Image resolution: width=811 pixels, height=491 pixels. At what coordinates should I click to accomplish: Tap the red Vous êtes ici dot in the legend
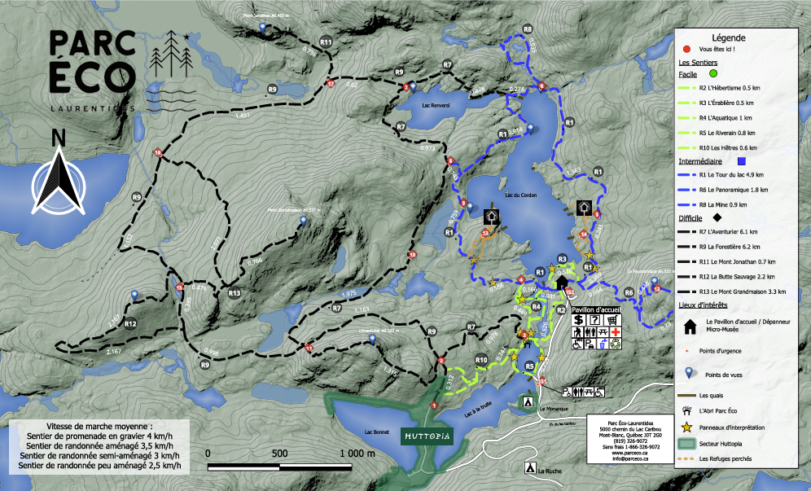point(686,50)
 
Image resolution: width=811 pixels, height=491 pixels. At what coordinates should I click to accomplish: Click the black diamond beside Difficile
point(717,218)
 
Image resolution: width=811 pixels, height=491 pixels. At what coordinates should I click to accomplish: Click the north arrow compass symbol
point(57,181)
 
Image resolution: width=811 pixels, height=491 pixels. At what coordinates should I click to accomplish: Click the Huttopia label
point(427,436)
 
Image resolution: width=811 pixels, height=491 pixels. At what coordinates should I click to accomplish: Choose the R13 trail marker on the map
point(235,292)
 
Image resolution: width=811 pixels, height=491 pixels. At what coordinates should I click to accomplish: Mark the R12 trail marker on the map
point(129,323)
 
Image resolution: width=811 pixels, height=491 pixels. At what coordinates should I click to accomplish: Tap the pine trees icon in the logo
point(172,53)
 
